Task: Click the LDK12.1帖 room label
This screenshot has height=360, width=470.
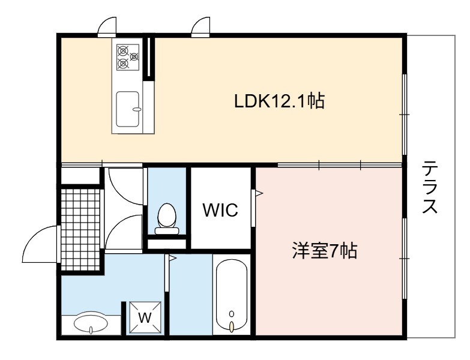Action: [x=279, y=101]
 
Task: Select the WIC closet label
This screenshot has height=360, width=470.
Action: [x=220, y=209]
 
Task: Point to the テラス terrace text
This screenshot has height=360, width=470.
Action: [x=430, y=187]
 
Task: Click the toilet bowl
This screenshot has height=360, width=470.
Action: [x=166, y=215]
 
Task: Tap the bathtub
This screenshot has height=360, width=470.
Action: [x=232, y=296]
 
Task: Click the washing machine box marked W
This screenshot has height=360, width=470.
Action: [x=145, y=317]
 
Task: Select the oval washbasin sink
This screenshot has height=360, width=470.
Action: [x=91, y=323]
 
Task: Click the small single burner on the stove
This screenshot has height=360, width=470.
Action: [x=134, y=56]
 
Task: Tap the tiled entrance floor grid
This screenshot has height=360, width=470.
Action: [x=80, y=229]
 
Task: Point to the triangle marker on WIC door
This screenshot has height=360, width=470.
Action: [x=259, y=193]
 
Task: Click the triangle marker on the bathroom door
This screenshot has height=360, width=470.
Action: [x=173, y=258]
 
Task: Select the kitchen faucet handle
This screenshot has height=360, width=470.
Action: [x=137, y=109]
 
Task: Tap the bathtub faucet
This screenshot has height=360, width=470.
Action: [x=232, y=326]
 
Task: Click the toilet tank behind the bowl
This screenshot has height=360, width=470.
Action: [x=167, y=230]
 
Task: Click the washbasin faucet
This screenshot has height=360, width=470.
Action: [x=91, y=331]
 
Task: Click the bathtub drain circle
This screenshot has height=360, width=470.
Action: [x=232, y=314]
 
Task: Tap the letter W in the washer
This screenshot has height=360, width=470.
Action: [x=145, y=317]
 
